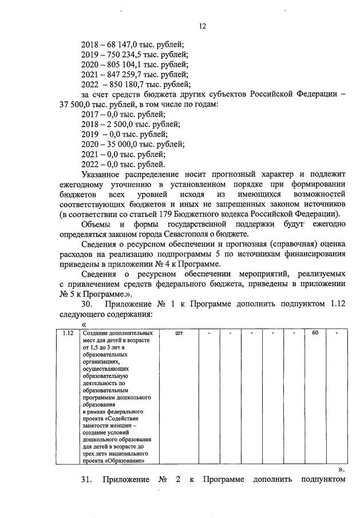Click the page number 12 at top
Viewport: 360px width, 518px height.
[202, 26]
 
